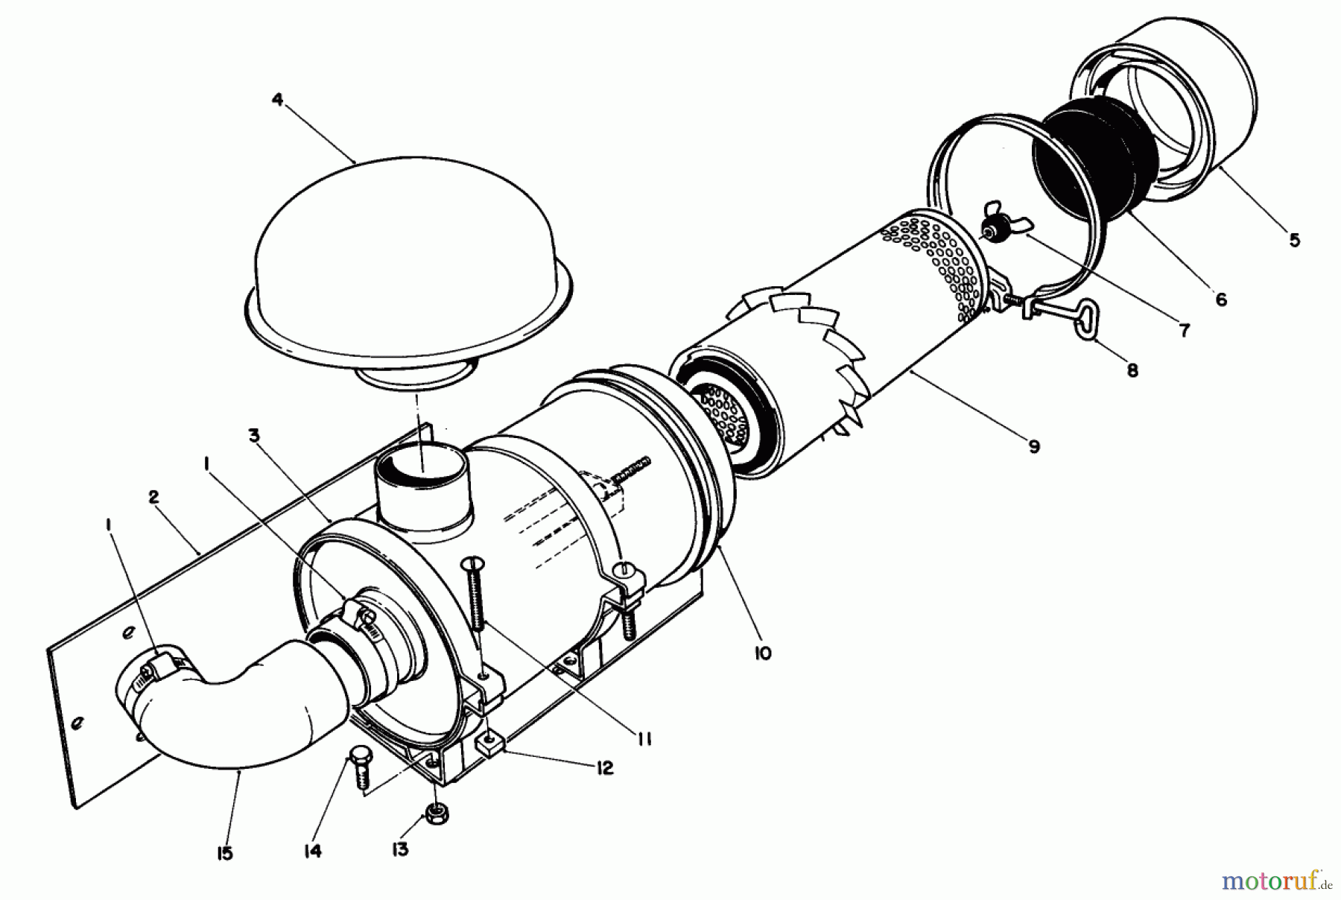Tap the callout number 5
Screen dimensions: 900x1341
(1294, 240)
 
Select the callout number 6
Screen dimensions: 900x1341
(1220, 300)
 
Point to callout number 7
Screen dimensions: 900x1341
(1185, 330)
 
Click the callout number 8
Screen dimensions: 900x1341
(1132, 370)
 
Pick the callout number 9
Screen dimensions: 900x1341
(1033, 446)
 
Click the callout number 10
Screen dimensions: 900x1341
(762, 653)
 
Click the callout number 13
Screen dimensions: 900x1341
(400, 849)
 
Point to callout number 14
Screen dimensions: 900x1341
(313, 851)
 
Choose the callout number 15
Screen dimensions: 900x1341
(224, 854)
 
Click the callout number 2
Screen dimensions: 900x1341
(153, 498)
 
